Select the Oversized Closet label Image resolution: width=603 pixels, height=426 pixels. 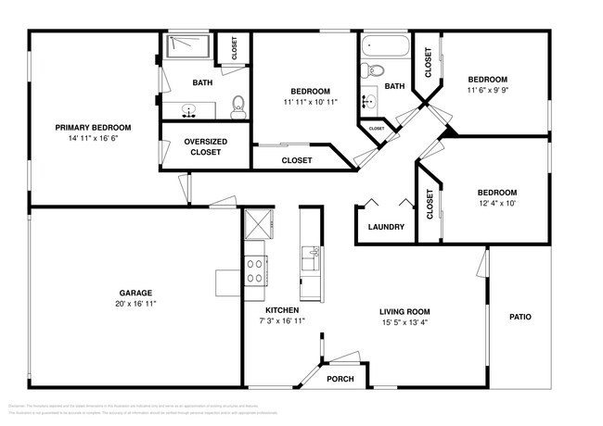point(206,146)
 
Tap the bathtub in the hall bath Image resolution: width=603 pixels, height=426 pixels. point(382,44)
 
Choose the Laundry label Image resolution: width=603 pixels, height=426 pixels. point(386,227)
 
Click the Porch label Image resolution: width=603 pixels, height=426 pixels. point(340,378)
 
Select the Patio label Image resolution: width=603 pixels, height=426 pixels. point(520,317)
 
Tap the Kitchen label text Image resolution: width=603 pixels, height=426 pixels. point(282,310)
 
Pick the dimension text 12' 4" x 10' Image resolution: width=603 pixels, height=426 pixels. point(498,203)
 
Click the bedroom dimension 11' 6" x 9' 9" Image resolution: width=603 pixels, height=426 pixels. point(487,90)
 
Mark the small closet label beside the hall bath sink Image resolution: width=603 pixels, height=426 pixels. point(377,128)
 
